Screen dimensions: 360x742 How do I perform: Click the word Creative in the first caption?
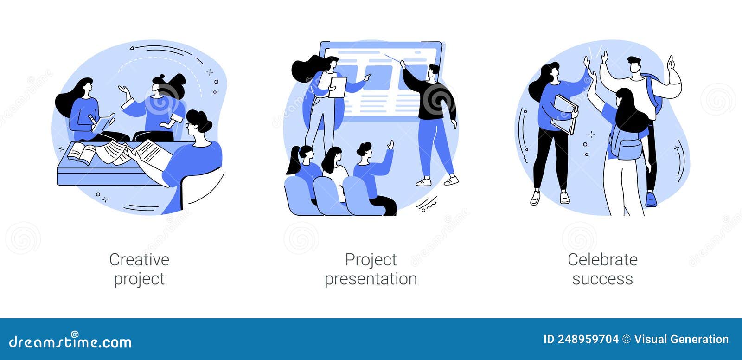click(139, 259)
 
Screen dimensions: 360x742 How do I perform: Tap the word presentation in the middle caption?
click(371, 279)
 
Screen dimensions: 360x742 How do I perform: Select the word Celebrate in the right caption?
click(602, 259)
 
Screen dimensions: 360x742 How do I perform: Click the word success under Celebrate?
click(602, 279)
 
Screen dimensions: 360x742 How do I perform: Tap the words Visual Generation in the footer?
click(681, 339)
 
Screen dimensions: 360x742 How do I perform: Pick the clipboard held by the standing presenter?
click(338, 87)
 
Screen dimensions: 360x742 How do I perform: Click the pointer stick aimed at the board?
click(392, 58)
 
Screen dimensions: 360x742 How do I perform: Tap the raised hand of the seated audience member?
click(391, 145)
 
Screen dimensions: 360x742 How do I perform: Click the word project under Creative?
click(139, 279)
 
